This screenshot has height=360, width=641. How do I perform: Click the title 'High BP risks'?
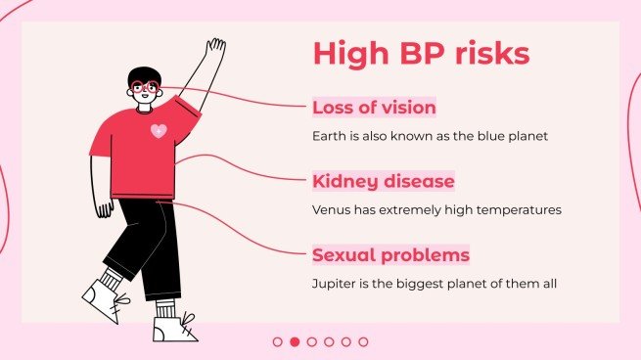click(421, 53)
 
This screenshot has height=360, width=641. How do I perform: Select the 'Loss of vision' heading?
click(374, 108)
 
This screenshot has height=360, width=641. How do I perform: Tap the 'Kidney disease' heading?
click(383, 182)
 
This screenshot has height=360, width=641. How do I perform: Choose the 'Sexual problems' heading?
click(390, 256)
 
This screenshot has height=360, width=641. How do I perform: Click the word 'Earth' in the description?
click(328, 136)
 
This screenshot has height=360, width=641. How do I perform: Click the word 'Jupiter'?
click(333, 285)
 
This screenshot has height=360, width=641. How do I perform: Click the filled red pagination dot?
click(295, 341)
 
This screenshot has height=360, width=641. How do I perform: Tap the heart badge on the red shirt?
click(159, 130)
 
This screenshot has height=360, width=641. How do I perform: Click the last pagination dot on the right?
click(363, 341)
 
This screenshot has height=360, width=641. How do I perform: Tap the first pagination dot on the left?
click(277, 341)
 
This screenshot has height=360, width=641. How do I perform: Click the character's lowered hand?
click(104, 208)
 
